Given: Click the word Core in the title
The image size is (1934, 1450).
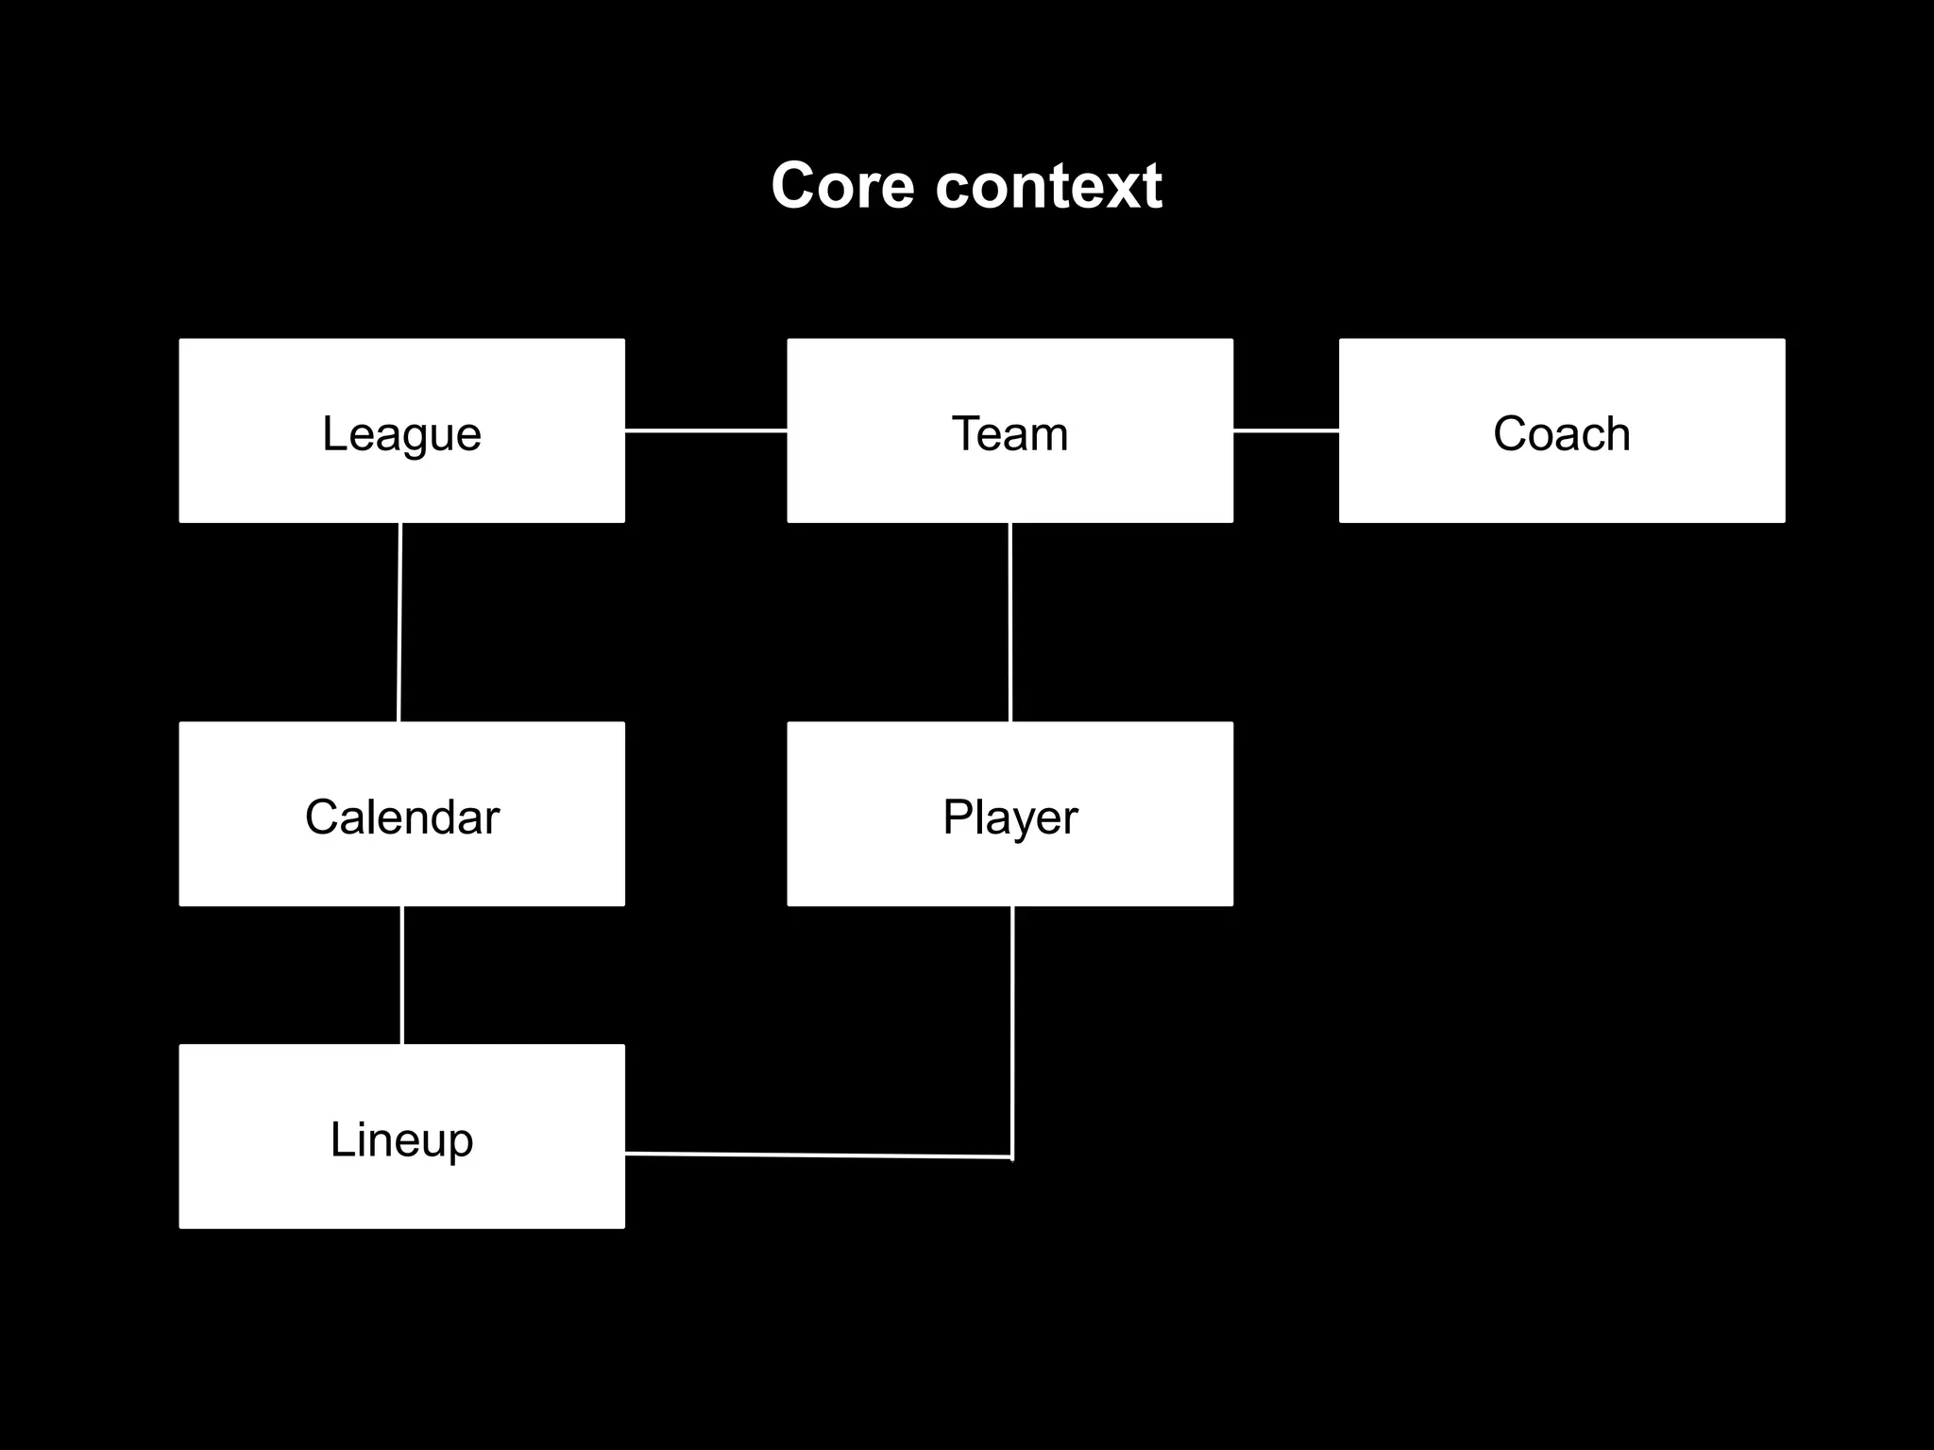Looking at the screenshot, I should (x=841, y=186).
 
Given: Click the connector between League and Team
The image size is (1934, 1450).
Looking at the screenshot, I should (x=705, y=430).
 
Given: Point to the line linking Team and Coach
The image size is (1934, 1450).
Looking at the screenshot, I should (x=1285, y=430).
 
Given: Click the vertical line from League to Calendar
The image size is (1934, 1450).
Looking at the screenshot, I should (x=399, y=622).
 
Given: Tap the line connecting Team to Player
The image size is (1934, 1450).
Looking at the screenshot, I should (x=1010, y=622).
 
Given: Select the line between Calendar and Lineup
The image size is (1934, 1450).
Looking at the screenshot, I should (x=402, y=975).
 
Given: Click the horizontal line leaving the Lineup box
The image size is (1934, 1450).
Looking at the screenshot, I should (x=818, y=1155).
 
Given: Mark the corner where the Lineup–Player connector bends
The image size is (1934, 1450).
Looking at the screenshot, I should (x=1011, y=1157).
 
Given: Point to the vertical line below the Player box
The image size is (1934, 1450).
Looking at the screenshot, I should (x=1011, y=1029).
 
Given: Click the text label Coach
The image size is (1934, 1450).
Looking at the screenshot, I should (x=1562, y=434).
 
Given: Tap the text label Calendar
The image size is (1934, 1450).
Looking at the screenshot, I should (x=401, y=818).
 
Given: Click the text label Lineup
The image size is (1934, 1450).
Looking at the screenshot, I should (x=401, y=1140).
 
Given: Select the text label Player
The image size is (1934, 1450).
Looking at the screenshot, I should (x=1009, y=818).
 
